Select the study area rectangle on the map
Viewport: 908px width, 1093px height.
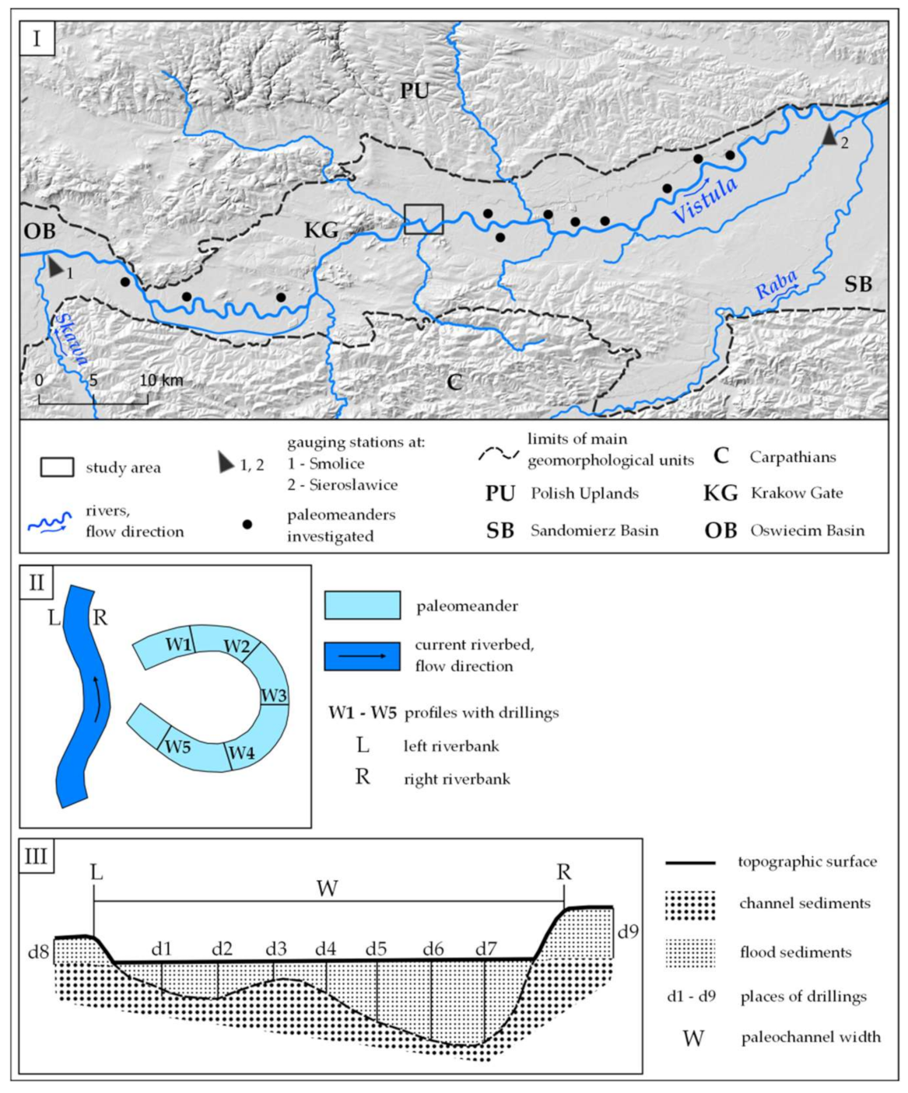424,219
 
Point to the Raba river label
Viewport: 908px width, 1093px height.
776,285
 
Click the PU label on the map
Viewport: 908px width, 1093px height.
414,91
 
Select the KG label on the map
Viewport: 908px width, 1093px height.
321,230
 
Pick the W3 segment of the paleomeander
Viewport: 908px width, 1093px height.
274,695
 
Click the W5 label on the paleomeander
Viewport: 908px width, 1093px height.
177,746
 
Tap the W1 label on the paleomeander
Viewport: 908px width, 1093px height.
178,644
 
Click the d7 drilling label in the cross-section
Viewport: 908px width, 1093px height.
486,948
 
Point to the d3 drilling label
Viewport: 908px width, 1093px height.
275,948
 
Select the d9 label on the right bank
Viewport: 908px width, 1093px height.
627,930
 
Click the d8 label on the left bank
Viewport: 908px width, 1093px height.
39,951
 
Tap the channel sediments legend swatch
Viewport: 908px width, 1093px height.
689,903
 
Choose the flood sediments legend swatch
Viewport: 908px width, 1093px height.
689,952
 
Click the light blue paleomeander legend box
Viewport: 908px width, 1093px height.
363,605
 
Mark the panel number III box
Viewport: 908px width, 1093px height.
37,856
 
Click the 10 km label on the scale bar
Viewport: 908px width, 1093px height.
161,380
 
